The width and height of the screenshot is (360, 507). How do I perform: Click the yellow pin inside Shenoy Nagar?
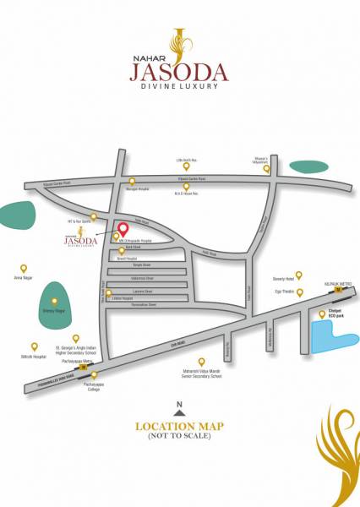click(x=55, y=301)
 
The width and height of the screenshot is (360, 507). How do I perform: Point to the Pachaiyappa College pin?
click(x=94, y=374)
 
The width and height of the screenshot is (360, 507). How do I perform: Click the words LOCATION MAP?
click(x=179, y=426)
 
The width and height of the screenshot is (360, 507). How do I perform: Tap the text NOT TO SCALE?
click(x=179, y=436)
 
